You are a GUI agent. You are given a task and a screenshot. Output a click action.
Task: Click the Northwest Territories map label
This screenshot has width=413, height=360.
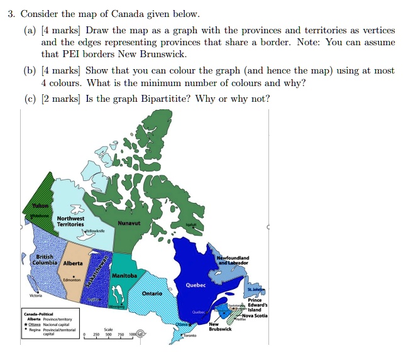pyautogui.click(x=70, y=221)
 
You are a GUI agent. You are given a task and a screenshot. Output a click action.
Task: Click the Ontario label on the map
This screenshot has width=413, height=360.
pyautogui.click(x=151, y=293)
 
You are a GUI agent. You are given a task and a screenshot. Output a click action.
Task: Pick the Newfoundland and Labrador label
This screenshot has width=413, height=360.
pyautogui.click(x=233, y=260)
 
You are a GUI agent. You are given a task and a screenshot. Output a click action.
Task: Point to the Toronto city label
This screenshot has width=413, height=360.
pyautogui.click(x=189, y=336)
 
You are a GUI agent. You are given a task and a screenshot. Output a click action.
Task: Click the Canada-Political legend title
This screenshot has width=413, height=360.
pyautogui.click(x=39, y=314)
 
